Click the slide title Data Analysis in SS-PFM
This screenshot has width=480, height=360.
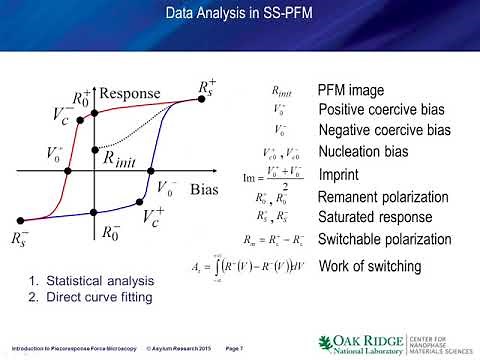(x=239, y=14)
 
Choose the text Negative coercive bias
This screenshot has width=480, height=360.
(x=384, y=130)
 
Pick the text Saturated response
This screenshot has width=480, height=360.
(x=374, y=216)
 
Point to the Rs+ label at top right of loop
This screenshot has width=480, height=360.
(x=206, y=88)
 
